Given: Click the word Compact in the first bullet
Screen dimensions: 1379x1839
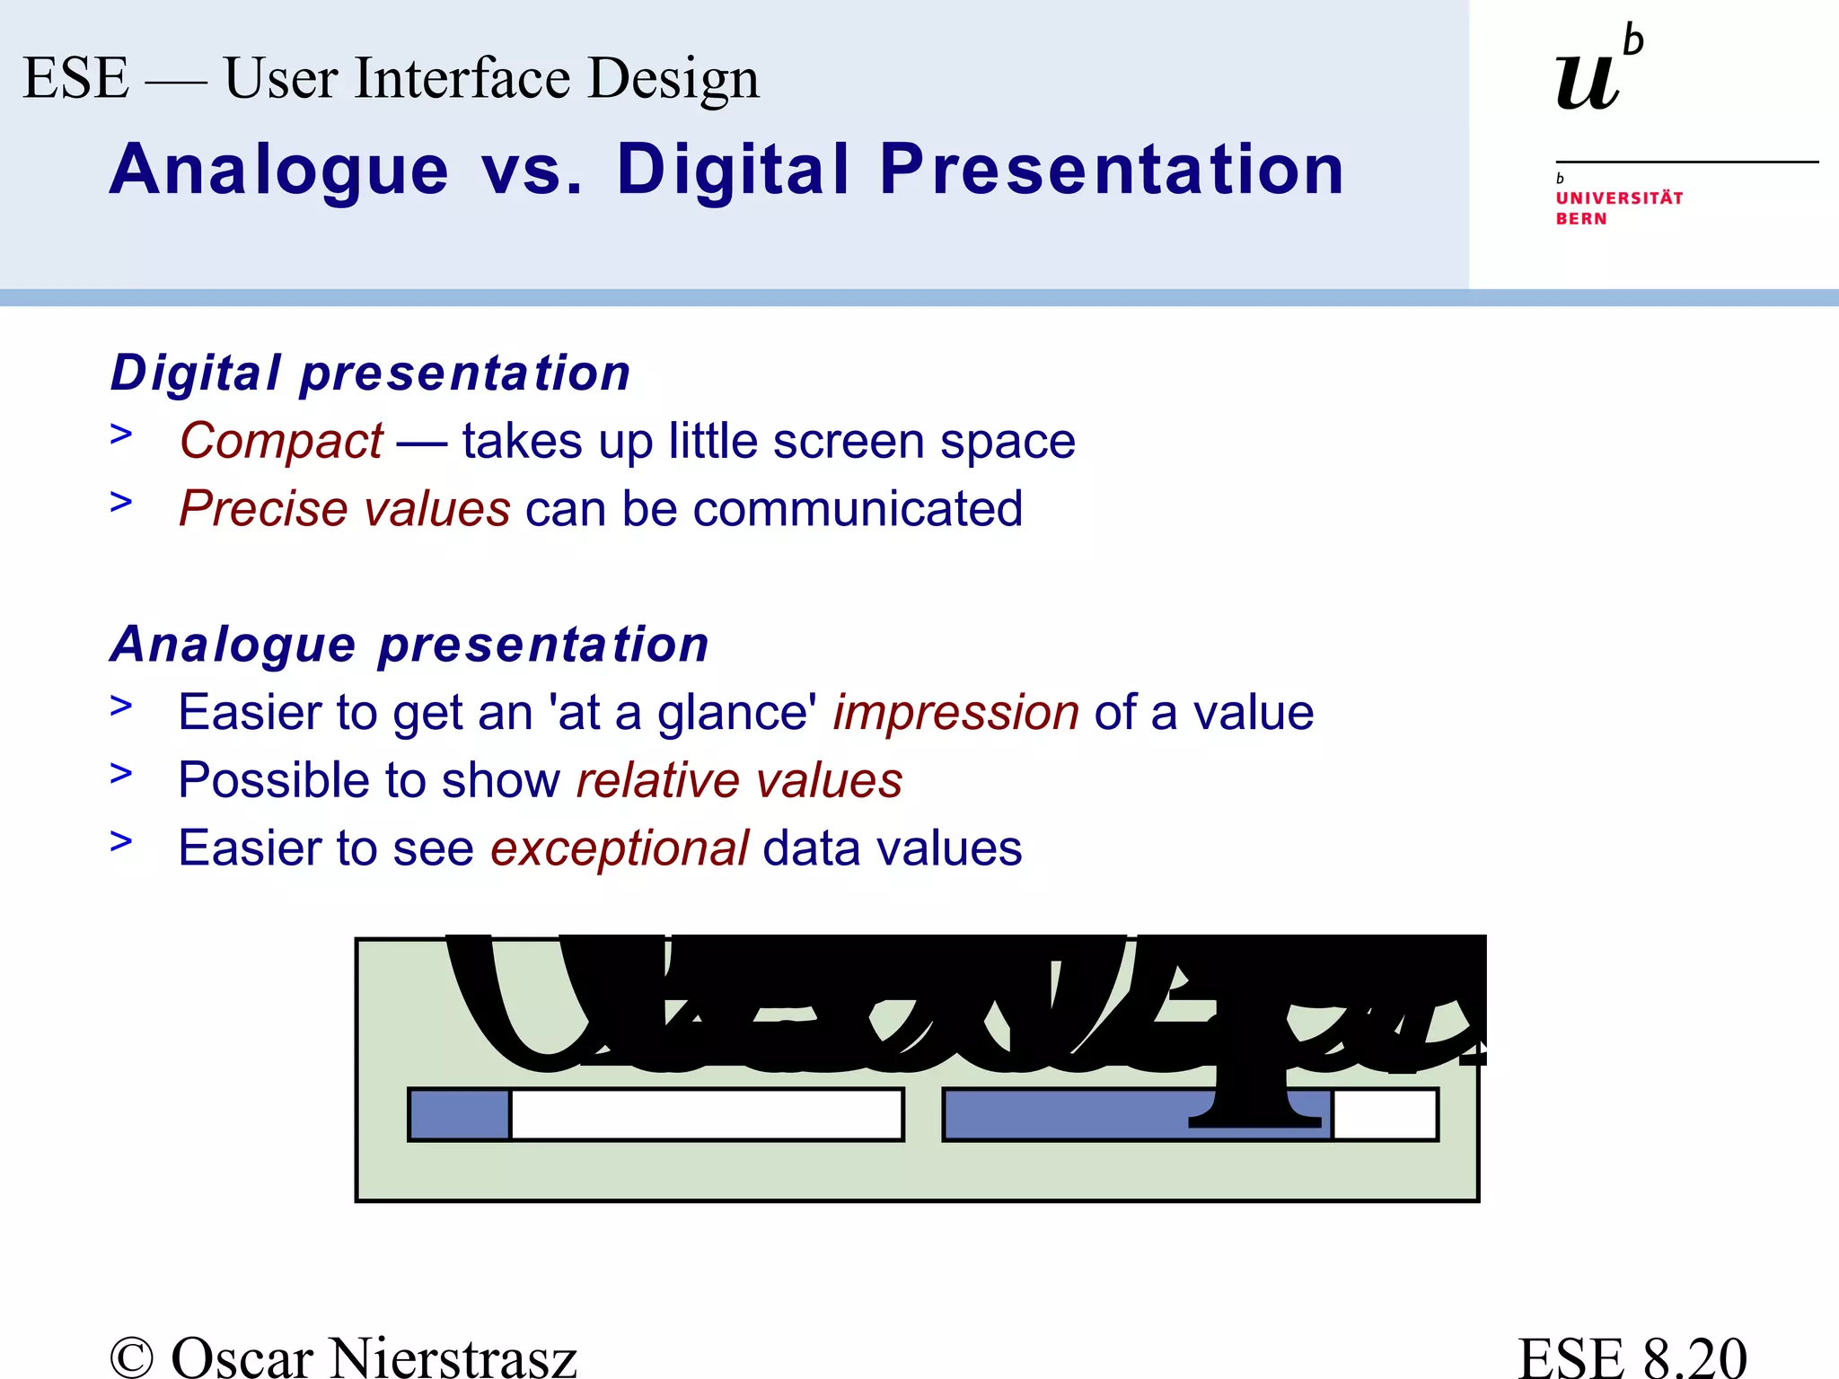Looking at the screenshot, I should pyautogui.click(x=281, y=442).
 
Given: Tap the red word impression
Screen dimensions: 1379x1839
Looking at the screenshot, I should pyautogui.click(x=955, y=713).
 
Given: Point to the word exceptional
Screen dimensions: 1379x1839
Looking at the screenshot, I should pyautogui.click(x=619, y=848).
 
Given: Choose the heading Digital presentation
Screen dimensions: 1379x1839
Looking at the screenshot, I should pyautogui.click(x=370, y=373).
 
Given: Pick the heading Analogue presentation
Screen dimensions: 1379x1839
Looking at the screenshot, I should pyautogui.click(x=409, y=645).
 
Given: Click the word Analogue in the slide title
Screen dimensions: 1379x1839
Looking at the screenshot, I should pyautogui.click(x=279, y=170).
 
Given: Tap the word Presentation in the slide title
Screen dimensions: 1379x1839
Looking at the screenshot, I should pyautogui.click(x=1112, y=170).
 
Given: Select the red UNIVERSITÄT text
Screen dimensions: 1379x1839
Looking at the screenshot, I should pyautogui.click(x=1619, y=198).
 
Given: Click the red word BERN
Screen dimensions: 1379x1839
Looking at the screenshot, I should pyautogui.click(x=1581, y=219).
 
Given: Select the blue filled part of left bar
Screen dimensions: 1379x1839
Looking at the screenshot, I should pyautogui.click(x=460, y=1114).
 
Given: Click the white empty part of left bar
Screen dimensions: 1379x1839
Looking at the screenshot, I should pyautogui.click(x=707, y=1114).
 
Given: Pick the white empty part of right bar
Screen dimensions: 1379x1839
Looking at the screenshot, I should pyautogui.click(x=1386, y=1114).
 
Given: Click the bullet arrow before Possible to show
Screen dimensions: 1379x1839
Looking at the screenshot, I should pyautogui.click(x=121, y=773).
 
